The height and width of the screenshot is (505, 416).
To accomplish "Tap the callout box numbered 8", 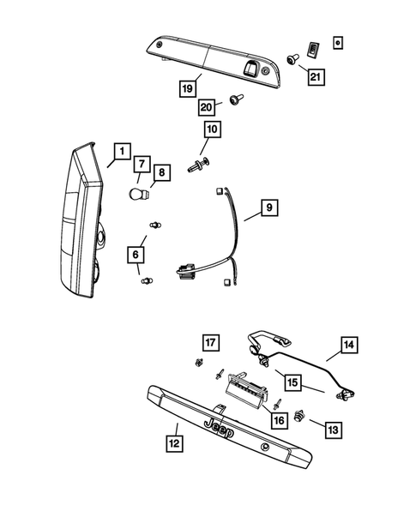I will (x=162, y=172).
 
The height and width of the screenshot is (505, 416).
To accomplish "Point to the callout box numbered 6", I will (x=135, y=254).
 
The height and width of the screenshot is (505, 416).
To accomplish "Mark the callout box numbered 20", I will (x=207, y=105).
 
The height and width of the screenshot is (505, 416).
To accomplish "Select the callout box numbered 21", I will (x=317, y=77).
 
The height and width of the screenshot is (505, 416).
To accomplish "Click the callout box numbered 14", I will (x=348, y=346).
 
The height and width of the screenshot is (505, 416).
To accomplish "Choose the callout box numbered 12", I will (x=175, y=442).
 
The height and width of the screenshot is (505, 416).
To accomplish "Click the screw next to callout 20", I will (x=233, y=101).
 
